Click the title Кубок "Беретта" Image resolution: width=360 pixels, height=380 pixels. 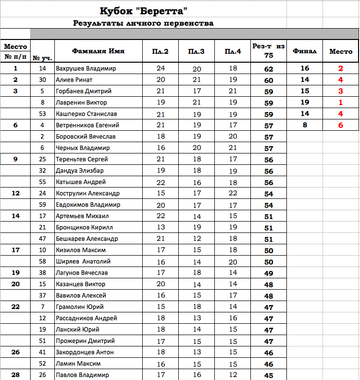143,10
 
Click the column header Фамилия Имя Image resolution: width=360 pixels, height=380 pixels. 98,51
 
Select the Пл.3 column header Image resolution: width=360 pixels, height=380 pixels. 197,51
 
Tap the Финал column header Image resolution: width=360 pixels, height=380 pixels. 305,51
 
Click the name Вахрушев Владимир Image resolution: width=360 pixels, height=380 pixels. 86,69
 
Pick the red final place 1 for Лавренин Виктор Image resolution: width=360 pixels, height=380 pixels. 340,103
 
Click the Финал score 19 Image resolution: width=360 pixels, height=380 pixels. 305,103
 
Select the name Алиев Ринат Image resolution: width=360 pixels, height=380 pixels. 74,80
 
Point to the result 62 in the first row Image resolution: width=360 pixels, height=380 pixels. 269,69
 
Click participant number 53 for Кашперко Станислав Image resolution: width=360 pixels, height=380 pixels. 42,114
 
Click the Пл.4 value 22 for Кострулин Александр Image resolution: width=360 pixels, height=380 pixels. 233,193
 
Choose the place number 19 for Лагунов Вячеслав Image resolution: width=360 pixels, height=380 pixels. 15,272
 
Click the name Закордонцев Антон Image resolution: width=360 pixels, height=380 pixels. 85,352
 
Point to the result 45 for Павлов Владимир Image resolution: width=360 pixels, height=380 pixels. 269,376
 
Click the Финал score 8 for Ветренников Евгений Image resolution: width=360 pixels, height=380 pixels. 305,125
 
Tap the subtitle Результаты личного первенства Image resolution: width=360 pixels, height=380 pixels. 143,23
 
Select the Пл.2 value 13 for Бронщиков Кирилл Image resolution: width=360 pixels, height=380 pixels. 161,228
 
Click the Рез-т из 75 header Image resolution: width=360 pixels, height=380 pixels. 269,50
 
